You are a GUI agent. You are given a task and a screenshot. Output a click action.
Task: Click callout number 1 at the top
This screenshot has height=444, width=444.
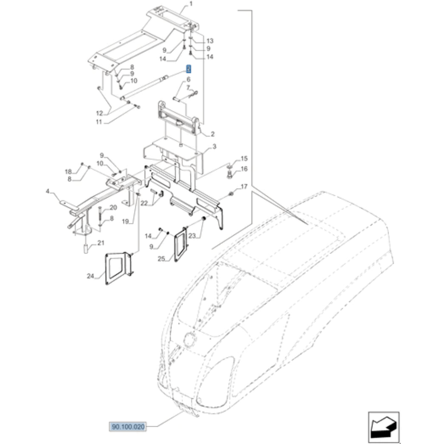[x=191, y=4]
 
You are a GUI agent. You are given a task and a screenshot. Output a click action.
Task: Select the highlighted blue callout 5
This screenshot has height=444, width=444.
[x=188, y=69]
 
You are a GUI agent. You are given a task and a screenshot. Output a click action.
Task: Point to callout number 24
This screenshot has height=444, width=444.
[x=91, y=277]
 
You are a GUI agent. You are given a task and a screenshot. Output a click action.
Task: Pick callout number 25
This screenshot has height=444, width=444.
[x=161, y=258]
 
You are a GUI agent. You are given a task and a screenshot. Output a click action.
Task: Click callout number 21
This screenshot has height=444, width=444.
[x=101, y=243]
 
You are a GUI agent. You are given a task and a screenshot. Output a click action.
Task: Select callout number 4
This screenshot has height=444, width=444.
[x=48, y=192]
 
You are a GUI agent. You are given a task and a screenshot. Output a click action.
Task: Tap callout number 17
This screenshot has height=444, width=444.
[x=244, y=186]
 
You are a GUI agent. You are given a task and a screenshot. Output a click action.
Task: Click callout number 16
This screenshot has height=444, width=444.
[x=244, y=169]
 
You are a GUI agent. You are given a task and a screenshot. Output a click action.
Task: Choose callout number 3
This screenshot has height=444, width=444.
[x=214, y=146]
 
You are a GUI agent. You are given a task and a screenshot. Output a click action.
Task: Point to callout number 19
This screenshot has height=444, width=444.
[x=125, y=221]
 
